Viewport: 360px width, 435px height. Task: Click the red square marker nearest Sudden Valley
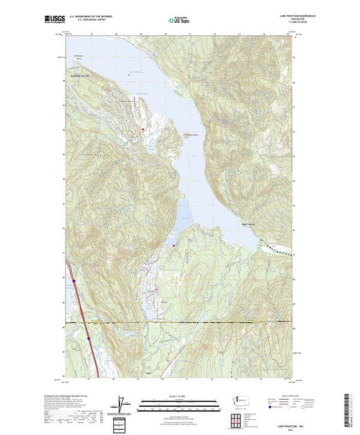click(143, 128)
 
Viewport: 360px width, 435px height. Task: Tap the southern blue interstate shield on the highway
click(91, 338)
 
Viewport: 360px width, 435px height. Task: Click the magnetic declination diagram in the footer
click(122, 405)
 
